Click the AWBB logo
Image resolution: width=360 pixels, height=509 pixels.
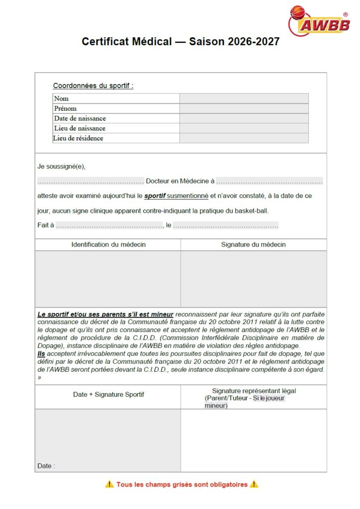click(319, 20)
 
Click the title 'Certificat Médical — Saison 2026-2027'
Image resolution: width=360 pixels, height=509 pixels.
click(180, 42)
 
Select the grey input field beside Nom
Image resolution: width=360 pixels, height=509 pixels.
click(244, 98)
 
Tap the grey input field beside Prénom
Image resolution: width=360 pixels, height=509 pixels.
click(244, 108)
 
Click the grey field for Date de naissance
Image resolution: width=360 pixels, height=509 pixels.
click(244, 118)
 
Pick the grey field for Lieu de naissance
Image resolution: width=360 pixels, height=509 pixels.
click(244, 128)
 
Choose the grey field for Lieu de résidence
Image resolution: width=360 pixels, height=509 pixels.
click(244, 138)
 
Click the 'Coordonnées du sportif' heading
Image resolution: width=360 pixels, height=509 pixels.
click(93, 85)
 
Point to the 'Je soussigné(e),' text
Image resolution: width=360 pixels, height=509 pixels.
click(58, 167)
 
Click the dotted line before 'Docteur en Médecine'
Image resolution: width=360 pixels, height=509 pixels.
click(90, 181)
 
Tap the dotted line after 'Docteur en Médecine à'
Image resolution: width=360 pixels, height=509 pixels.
click(270, 181)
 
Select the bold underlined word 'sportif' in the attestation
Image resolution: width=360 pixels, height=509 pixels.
click(155, 196)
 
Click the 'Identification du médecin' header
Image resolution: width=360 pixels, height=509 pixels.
click(108, 245)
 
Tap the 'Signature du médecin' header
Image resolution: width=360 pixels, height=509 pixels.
click(254, 245)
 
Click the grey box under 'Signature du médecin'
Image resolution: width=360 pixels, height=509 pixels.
click(254, 279)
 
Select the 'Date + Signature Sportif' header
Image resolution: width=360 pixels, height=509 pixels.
click(108, 395)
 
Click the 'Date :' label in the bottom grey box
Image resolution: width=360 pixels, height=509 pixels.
click(46, 466)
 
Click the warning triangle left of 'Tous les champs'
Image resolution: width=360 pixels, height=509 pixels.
click(109, 484)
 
